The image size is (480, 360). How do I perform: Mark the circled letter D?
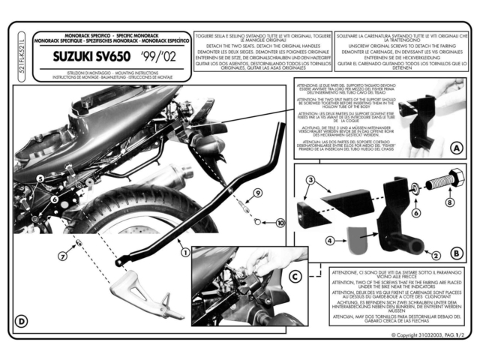(22, 322)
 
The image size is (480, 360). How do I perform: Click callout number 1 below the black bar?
(184, 253)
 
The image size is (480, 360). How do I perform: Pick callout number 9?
(256, 193)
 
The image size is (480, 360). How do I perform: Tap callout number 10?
(280, 223)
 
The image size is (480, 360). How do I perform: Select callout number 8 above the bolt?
(449, 201)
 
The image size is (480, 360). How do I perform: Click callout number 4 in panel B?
(308, 241)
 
